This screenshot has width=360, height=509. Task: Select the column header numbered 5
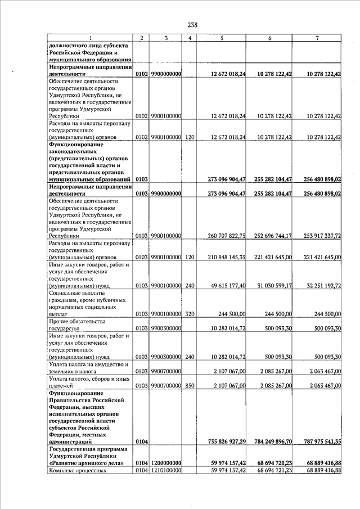coord(222,38)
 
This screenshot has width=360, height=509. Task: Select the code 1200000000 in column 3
coord(165,463)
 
